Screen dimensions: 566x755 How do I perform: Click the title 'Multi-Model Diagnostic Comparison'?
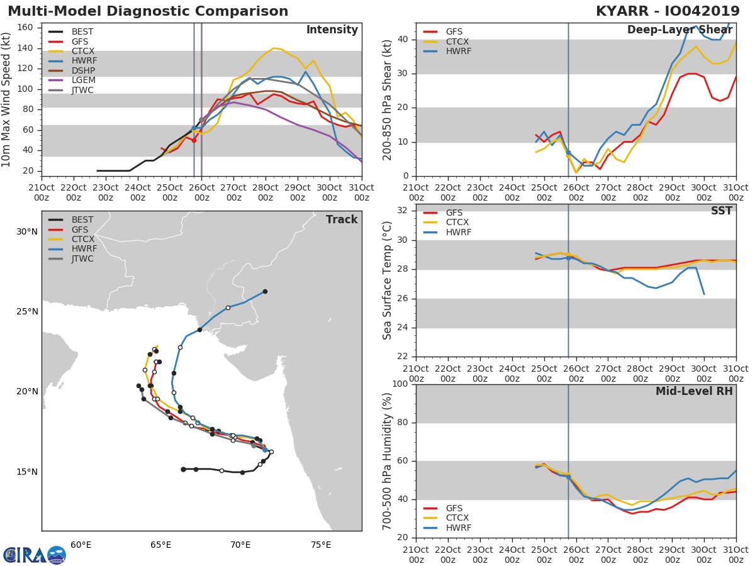coord(148,11)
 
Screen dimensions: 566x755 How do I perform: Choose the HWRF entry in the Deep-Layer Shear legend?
coord(458,52)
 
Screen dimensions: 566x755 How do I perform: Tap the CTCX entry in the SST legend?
coord(458,223)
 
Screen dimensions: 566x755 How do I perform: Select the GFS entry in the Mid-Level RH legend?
coord(458,508)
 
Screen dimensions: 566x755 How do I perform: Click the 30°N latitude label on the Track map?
coord(26,231)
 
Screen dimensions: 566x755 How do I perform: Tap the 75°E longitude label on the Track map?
coord(321,545)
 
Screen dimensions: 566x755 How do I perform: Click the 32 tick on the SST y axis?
coord(403,211)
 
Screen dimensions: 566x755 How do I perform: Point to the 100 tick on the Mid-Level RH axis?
coord(400,384)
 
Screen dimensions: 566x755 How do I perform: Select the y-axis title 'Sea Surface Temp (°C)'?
coord(388,280)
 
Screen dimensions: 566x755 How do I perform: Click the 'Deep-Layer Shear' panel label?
coord(679,30)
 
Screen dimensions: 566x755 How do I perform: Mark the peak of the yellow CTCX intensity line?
coord(273,48)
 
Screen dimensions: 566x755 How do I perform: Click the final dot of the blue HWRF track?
coord(265,291)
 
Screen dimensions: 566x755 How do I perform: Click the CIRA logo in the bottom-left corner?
coord(34,555)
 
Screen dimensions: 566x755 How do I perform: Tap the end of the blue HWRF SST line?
coord(703,294)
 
